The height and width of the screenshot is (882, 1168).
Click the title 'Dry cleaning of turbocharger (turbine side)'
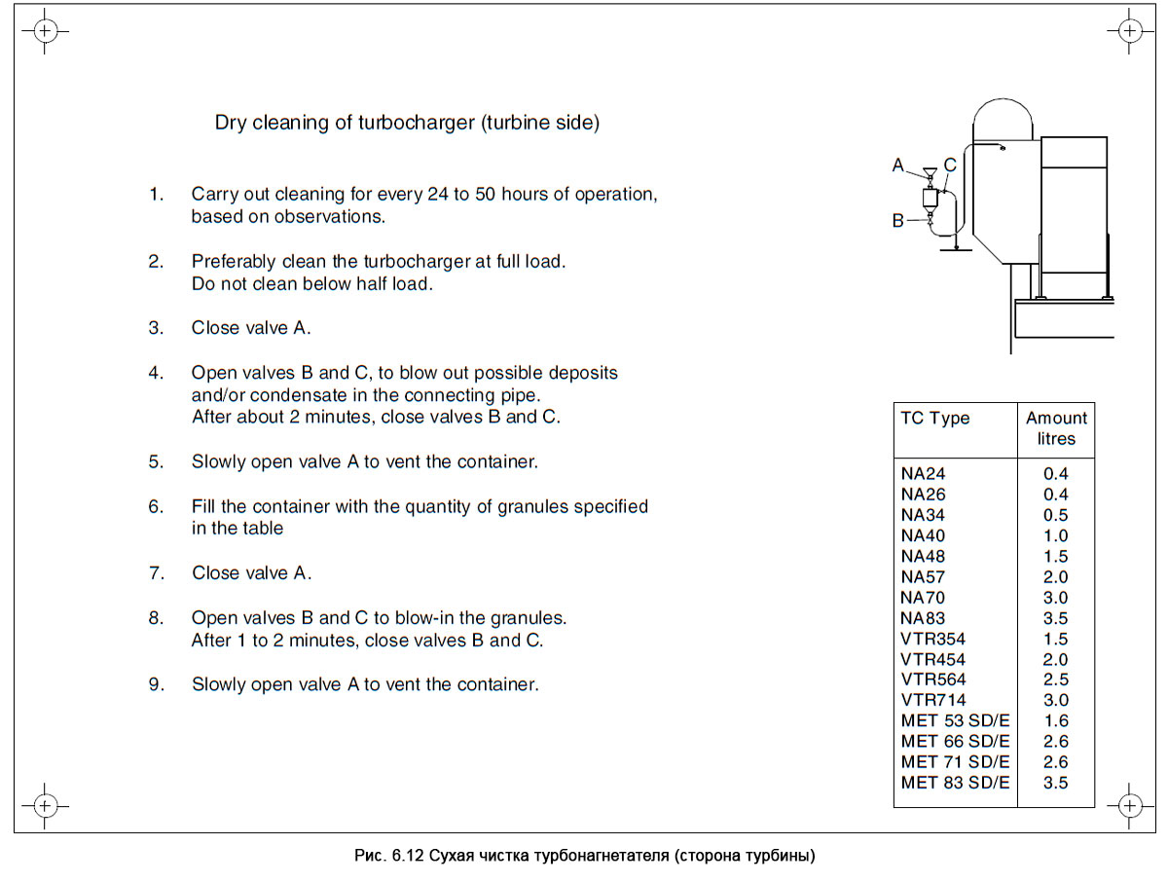407,124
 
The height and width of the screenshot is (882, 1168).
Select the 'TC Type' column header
935,419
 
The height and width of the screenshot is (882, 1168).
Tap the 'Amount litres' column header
1056,428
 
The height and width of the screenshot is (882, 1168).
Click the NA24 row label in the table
923,474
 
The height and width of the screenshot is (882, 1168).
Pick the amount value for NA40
1055,535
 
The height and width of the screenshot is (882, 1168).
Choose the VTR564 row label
933,680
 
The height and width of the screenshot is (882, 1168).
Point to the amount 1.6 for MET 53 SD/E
1055,721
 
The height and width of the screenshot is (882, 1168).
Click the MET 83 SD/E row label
955,783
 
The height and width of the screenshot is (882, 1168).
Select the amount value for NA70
1055,598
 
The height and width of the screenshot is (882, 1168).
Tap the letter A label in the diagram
898,165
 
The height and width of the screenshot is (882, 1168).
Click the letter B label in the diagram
898,221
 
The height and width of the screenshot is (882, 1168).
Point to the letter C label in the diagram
950,165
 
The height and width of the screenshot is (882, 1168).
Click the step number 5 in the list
156,462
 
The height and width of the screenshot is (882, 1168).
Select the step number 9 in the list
156,685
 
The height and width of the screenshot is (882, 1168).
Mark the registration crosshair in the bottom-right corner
1129,806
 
